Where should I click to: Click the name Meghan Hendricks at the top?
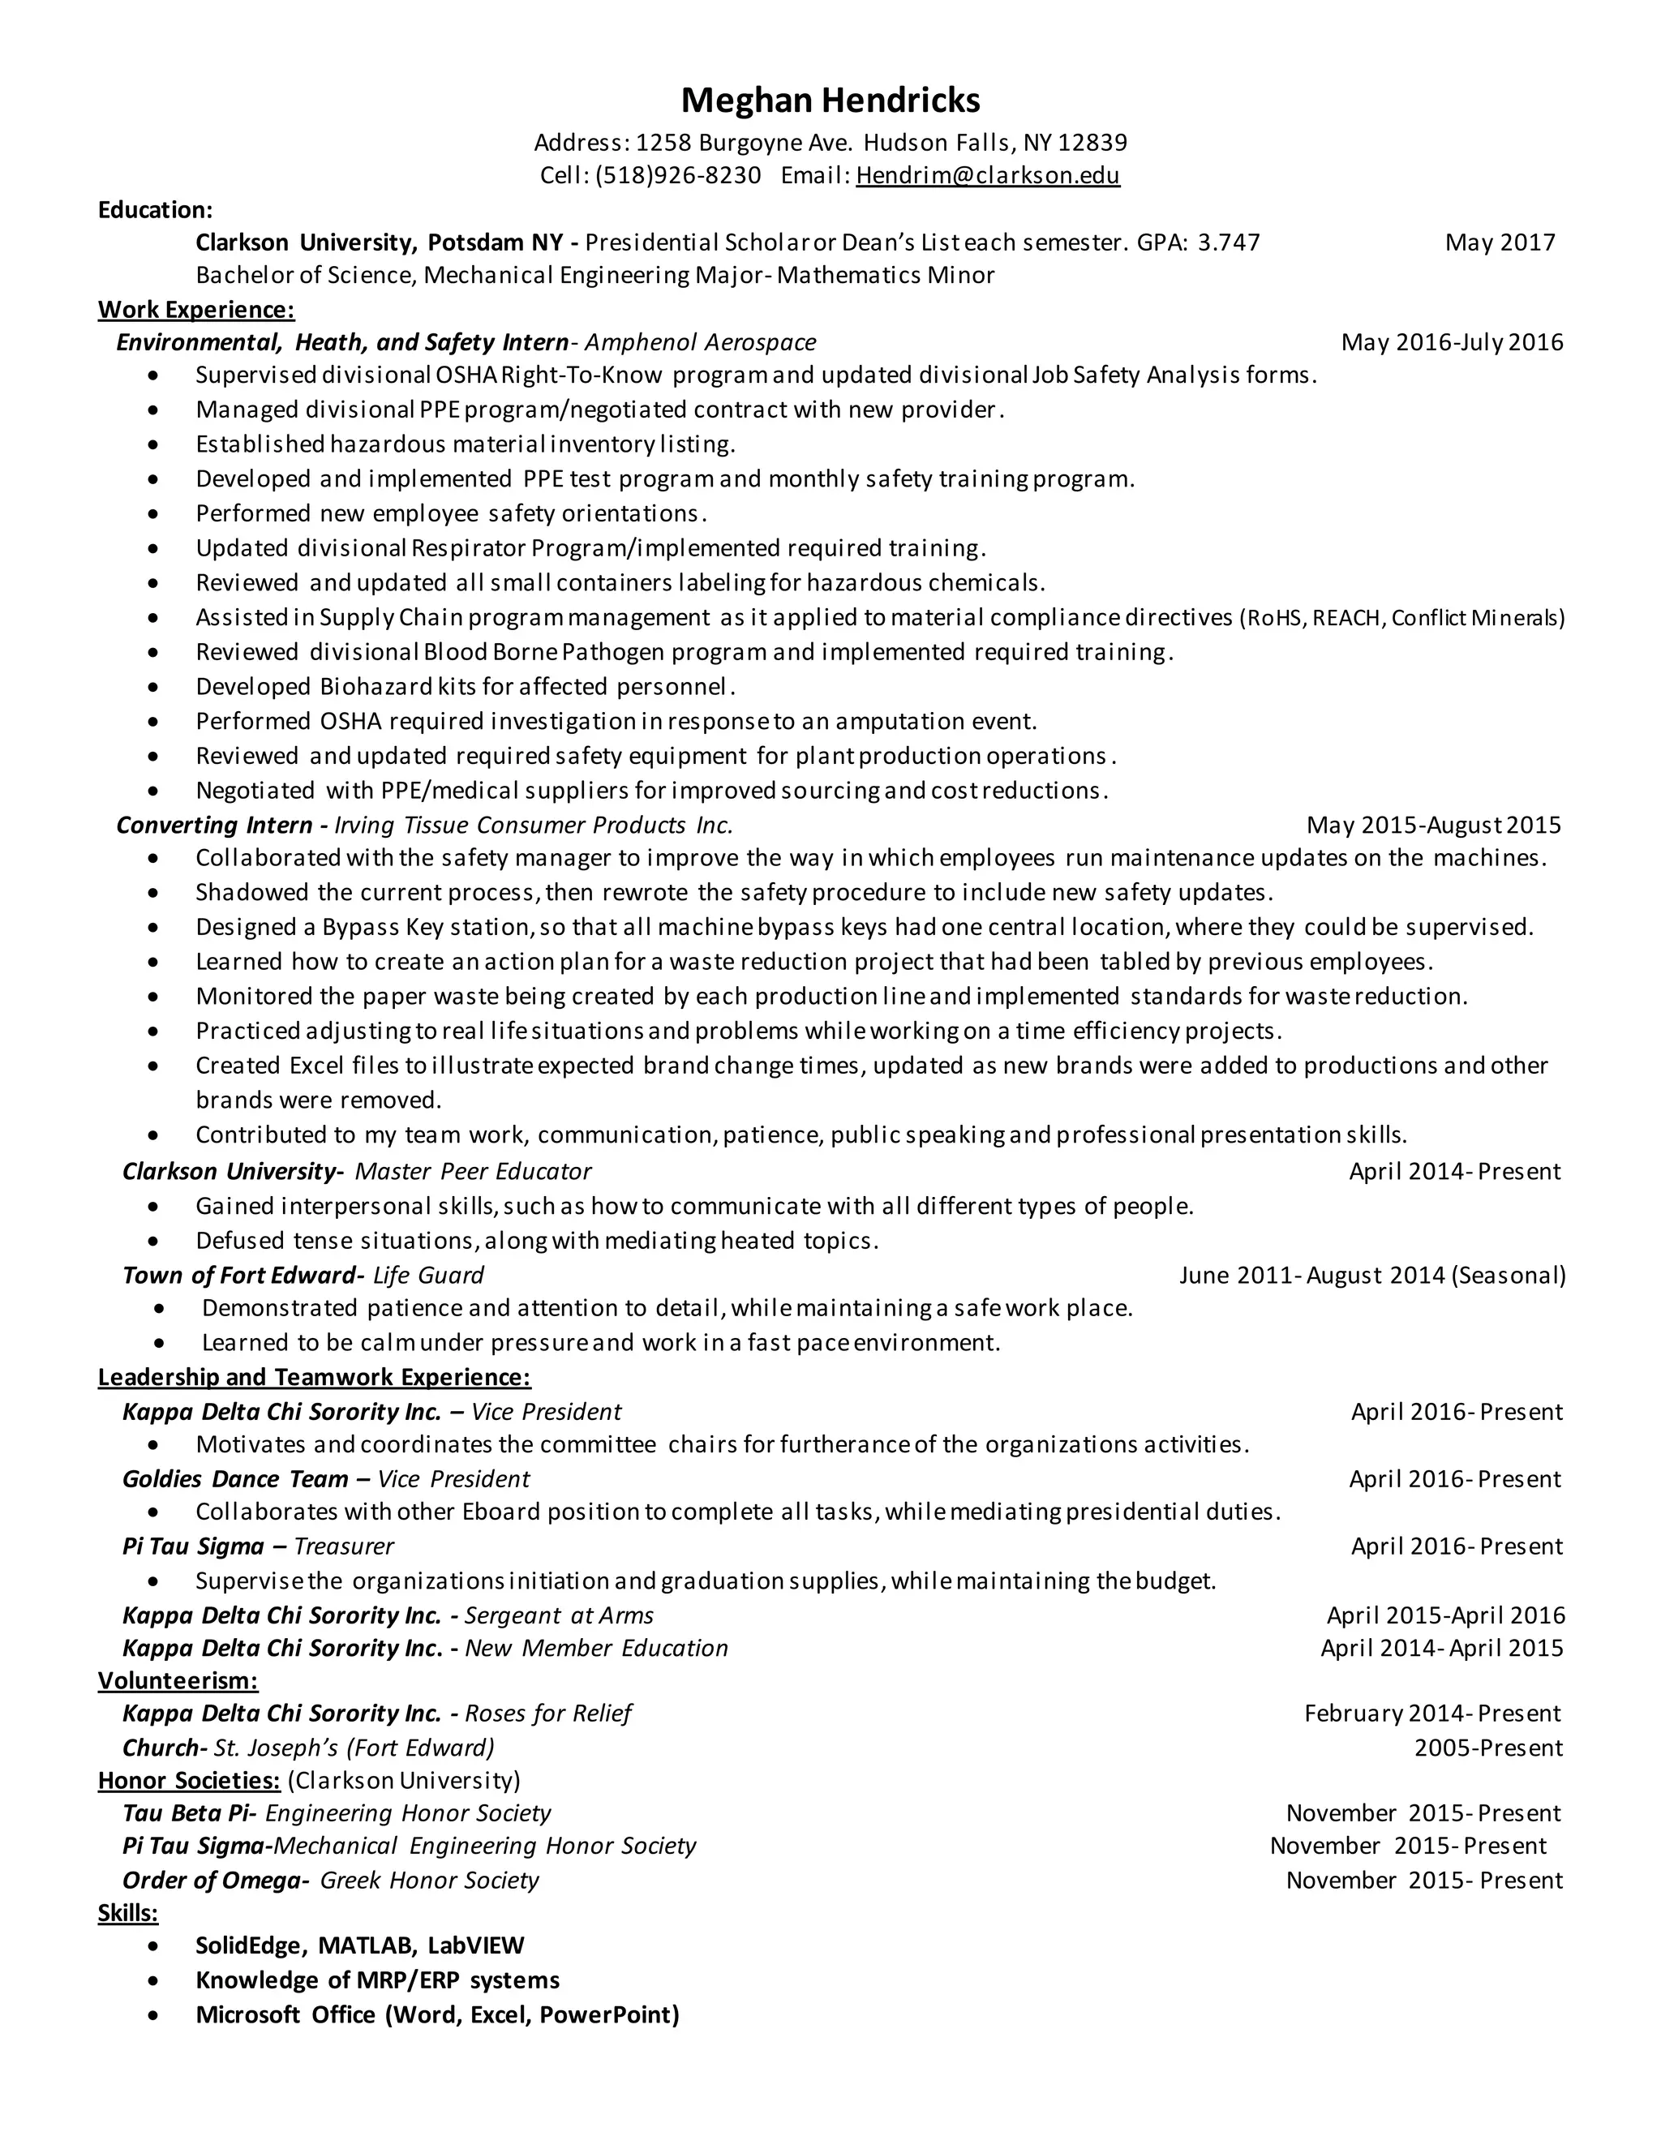pos(830,101)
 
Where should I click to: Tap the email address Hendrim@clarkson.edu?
pos(987,175)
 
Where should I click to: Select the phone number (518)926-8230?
pos(678,175)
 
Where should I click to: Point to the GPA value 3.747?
pos(1228,242)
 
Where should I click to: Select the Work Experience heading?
pos(195,309)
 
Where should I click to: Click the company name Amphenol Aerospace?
pos(700,341)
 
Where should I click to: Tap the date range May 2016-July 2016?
pos(1452,341)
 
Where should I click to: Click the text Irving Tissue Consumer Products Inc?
pos(534,825)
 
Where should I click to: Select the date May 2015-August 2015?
pos(1433,825)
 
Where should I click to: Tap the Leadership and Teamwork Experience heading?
pos(314,1377)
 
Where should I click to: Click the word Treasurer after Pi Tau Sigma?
pos(343,1546)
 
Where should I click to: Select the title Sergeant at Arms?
pos(559,1615)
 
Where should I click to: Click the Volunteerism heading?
pos(177,1679)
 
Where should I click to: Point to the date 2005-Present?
pos(1487,1748)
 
